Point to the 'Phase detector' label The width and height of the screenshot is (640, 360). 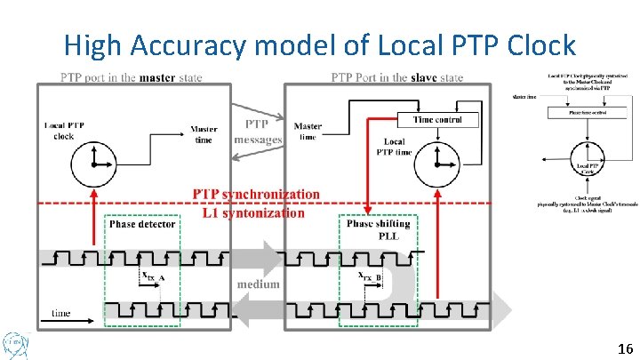click(x=142, y=224)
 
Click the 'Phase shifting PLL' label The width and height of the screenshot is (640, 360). click(x=378, y=229)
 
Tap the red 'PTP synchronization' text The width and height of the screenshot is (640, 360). click(x=256, y=194)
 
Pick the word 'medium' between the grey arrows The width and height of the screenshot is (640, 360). click(x=258, y=284)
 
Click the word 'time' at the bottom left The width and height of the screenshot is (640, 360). click(x=61, y=313)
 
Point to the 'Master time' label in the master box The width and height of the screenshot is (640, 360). click(x=204, y=134)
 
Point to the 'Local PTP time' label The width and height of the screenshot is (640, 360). click(x=396, y=148)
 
